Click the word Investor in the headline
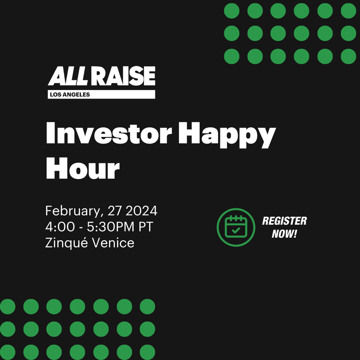(109, 133)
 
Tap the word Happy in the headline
(227, 135)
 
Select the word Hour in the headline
(83, 168)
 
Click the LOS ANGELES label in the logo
(70, 95)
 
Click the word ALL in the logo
(68, 76)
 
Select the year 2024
(141, 211)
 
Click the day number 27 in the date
(115, 211)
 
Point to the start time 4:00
(60, 227)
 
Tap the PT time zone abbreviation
(146, 227)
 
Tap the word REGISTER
(284, 221)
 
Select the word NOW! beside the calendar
(284, 234)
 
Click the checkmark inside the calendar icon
(236, 230)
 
